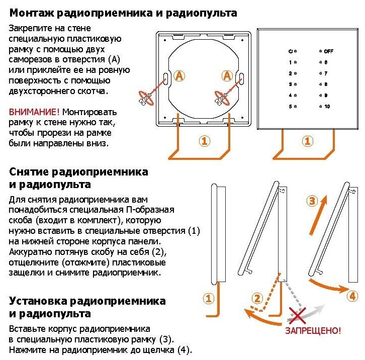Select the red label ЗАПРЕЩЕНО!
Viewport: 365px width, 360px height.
click(313, 331)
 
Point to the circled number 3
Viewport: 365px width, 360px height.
click(312, 201)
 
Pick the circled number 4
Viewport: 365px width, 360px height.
click(352, 296)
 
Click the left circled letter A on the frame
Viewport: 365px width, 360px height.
click(179, 76)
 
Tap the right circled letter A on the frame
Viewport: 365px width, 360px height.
click(227, 76)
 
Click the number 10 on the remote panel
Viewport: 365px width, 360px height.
click(327, 106)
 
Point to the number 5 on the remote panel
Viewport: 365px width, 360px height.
click(290, 106)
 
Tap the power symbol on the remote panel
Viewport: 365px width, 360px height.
click(290, 51)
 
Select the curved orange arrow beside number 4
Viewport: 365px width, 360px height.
click(327, 287)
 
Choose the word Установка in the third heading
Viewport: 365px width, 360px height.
click(38, 302)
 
